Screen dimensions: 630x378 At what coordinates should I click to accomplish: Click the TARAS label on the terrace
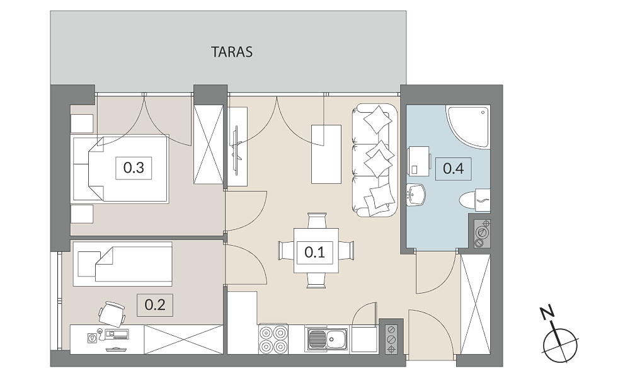(232, 52)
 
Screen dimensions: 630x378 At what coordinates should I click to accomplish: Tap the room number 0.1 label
(314, 252)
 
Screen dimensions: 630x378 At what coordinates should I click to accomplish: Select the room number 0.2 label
(155, 305)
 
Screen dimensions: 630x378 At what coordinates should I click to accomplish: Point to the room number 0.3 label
(134, 168)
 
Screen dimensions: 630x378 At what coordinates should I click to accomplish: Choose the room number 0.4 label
(454, 168)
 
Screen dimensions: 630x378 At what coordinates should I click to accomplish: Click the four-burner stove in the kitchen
(273, 339)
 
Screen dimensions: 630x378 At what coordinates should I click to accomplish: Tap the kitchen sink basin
(328, 340)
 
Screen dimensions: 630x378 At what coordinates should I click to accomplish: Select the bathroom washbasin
(415, 195)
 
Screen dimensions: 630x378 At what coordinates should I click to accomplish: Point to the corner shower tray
(467, 126)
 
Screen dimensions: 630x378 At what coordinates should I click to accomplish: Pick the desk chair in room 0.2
(112, 313)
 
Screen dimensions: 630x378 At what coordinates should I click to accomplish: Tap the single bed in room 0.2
(123, 264)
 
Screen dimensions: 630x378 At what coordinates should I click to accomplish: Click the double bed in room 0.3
(120, 169)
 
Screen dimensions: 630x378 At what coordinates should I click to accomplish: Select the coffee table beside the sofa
(326, 154)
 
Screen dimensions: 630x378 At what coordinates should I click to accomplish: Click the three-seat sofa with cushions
(374, 160)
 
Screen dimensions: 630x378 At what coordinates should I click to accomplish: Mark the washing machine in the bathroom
(418, 161)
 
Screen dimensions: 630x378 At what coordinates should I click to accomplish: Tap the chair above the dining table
(316, 221)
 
